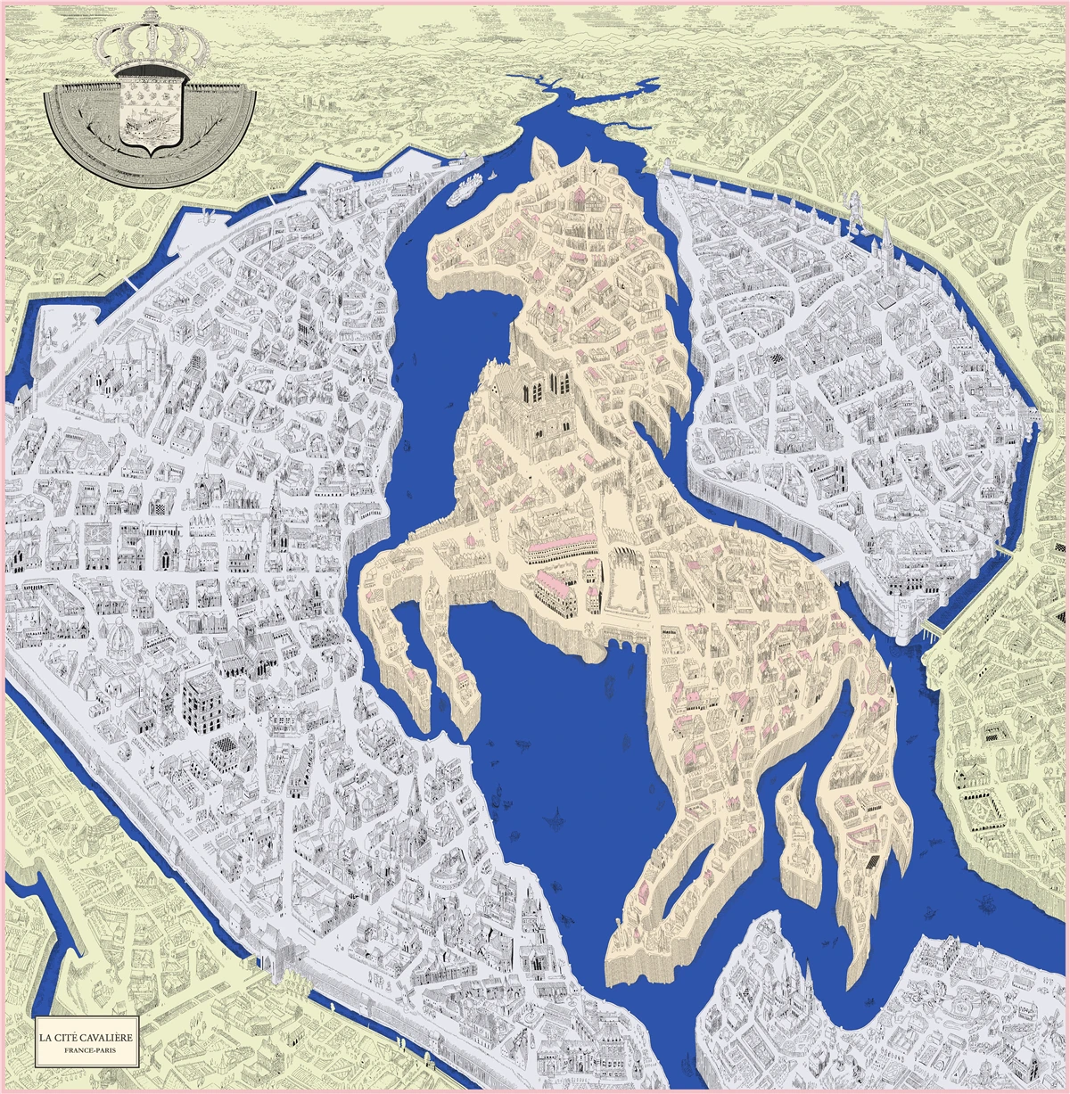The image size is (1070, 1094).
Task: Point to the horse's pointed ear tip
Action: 538,143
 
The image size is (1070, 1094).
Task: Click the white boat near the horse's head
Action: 466,188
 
